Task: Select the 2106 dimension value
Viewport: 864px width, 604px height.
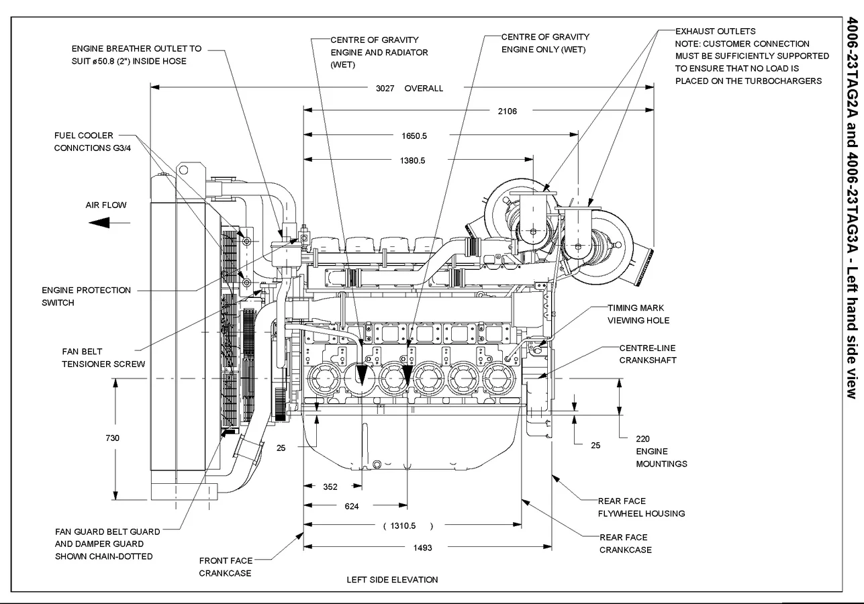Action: coord(508,111)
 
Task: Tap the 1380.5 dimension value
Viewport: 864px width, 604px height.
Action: coord(431,160)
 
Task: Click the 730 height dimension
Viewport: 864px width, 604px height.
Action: coord(113,438)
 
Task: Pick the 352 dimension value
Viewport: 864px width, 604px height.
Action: coord(330,487)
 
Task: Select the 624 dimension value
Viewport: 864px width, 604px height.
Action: coord(352,507)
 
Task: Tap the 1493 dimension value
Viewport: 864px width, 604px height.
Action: coord(422,548)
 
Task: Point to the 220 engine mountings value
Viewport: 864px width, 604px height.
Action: coord(642,439)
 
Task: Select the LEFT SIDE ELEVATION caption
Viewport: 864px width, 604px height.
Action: coord(392,579)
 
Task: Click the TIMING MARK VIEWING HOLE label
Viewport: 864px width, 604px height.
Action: coord(638,314)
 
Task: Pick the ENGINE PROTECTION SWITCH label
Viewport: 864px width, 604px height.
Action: coord(86,296)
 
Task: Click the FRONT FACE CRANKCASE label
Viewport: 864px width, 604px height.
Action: coord(226,566)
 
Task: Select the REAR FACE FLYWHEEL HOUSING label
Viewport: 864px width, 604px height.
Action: coord(641,507)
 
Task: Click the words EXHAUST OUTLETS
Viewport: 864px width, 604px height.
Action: coord(715,31)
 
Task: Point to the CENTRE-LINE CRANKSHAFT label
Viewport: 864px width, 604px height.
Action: coord(647,354)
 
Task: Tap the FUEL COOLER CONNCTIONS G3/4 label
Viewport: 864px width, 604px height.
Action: coord(93,142)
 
